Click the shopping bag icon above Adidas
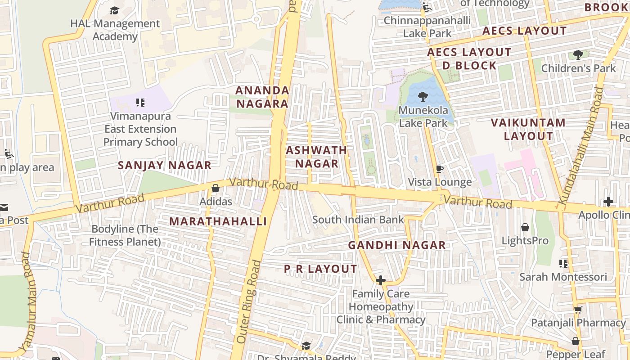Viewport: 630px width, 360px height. tap(215, 188)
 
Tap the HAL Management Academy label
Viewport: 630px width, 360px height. tap(115, 30)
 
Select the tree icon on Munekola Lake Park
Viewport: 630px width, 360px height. tap(422, 96)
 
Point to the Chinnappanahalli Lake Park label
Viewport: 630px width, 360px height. tap(427, 27)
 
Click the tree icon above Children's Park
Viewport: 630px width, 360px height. tap(578, 55)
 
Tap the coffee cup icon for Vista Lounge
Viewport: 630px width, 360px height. tap(440, 169)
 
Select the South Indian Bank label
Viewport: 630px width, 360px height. tap(358, 220)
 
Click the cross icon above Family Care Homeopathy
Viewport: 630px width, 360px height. tap(381, 280)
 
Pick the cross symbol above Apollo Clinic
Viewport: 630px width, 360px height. tap(608, 202)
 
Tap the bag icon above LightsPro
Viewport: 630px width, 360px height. tap(525, 227)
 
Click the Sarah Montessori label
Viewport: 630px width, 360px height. tap(563, 276)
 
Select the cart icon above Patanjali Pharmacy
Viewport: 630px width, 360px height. tap(578, 310)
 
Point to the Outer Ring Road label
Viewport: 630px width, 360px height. tap(248, 301)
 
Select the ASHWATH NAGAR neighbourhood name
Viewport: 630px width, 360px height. tap(316, 157)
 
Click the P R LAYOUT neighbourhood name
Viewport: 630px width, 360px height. tap(320, 269)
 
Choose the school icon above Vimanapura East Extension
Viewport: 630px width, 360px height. tap(140, 103)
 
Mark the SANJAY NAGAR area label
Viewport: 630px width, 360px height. tap(164, 165)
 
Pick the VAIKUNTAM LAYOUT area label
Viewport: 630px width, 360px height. tap(528, 129)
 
